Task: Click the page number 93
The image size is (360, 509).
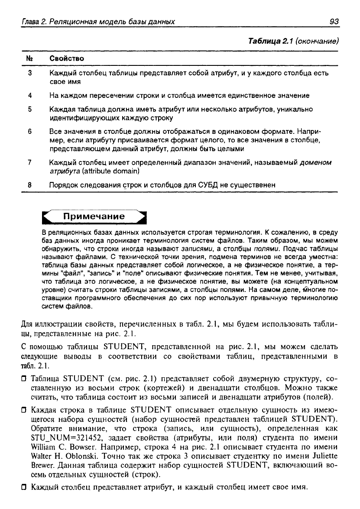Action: tap(333, 21)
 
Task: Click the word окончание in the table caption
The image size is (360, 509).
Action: tap(318, 41)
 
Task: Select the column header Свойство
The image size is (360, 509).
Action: tap(67, 58)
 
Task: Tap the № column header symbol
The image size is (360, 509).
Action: tap(29, 58)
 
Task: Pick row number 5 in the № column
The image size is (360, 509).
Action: tap(29, 109)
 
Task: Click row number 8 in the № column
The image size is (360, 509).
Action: tap(29, 185)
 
